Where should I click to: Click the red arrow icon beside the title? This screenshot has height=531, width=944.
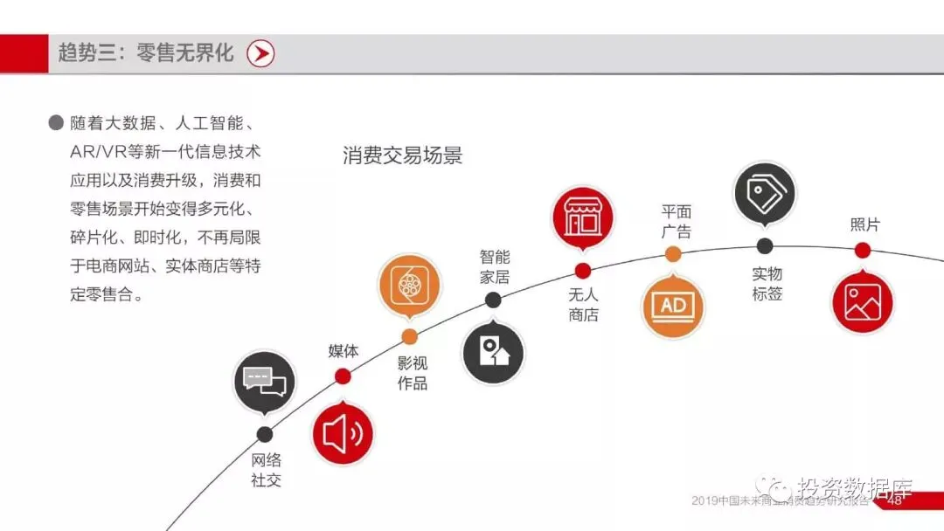pos(260,53)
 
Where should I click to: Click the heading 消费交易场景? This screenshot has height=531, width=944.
pos(403,156)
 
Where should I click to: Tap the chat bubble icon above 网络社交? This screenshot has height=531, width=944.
pos(265,381)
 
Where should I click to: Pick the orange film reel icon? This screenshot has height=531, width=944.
pos(409,286)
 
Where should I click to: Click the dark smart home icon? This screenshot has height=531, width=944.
pos(493,353)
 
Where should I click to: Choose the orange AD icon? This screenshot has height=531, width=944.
pos(673,305)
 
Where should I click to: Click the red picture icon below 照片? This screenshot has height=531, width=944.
pos(862,302)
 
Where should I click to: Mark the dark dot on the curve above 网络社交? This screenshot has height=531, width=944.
pos(265,434)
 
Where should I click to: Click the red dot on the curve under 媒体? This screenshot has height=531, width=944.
pos(343,376)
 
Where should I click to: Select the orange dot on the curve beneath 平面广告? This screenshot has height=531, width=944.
pos(673,254)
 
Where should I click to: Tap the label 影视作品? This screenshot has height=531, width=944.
pos(413,373)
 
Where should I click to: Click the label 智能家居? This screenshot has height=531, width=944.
pos(495,267)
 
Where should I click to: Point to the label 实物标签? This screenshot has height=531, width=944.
pos(767,284)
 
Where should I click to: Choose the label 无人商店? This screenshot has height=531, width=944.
pos(583,305)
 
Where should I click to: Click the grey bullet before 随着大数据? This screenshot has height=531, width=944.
pos(56,123)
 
